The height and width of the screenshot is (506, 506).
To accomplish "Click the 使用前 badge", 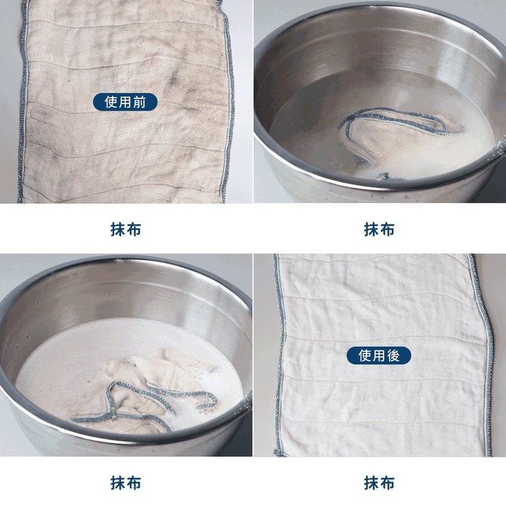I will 125,102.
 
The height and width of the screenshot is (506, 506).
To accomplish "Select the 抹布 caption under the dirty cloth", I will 126,230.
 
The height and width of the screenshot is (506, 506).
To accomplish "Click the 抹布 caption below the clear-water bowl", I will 379,230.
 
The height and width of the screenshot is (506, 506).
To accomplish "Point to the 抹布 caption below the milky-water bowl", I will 126,483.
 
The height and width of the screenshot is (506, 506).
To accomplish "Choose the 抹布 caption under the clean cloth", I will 379,483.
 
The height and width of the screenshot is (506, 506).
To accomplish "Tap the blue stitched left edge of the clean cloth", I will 277,354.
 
